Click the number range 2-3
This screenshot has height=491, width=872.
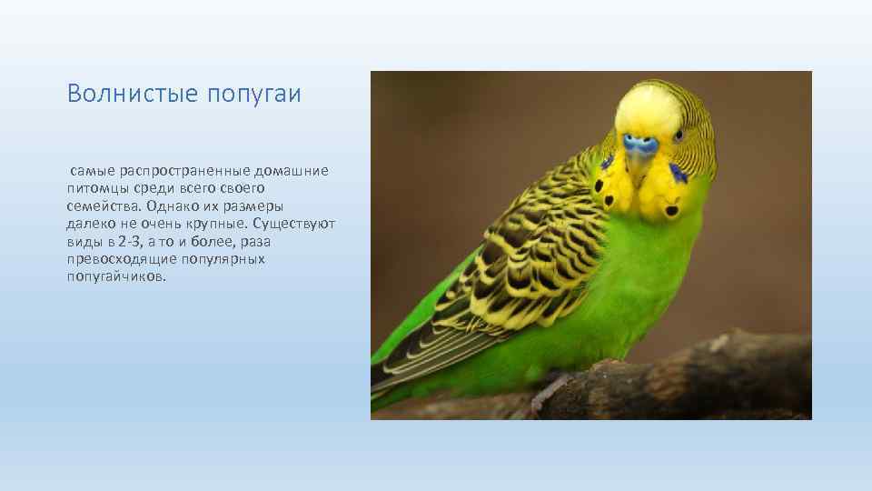129,241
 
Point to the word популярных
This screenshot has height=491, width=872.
223,259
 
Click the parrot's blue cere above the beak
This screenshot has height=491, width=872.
641,144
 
